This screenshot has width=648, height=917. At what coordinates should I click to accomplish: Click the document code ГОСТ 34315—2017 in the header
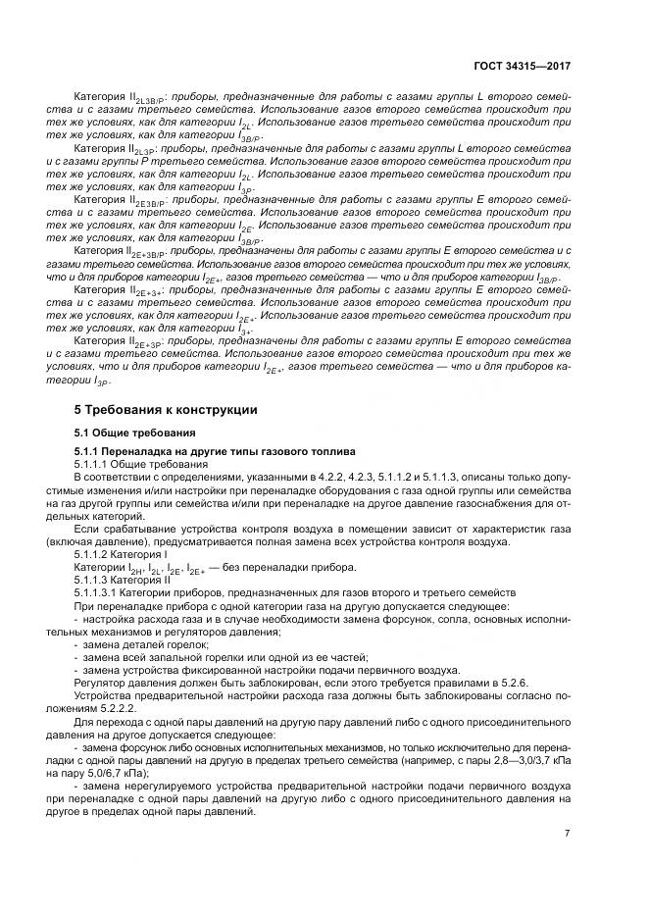(x=522, y=66)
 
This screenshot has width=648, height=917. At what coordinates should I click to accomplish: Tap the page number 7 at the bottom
(x=568, y=834)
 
